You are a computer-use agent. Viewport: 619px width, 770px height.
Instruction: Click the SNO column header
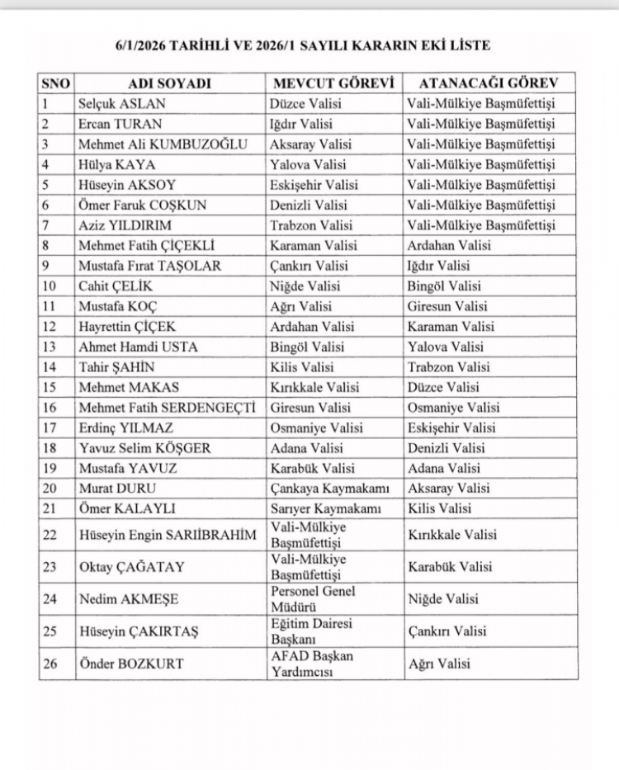[56, 83]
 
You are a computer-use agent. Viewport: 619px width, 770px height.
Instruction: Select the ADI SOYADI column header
[170, 83]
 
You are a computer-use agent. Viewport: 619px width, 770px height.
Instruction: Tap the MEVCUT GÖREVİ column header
[331, 83]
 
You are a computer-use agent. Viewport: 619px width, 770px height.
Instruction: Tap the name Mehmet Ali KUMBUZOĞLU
[163, 144]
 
